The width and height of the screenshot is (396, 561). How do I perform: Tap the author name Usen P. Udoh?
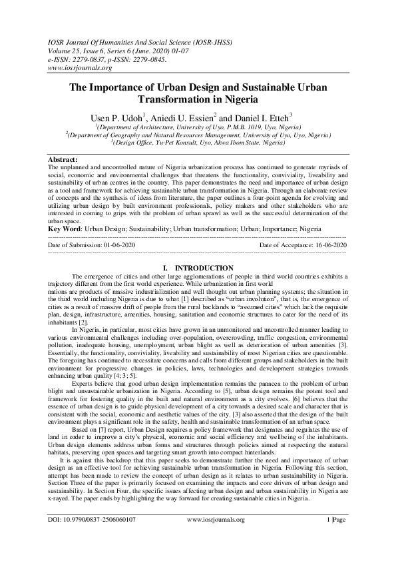(126, 117)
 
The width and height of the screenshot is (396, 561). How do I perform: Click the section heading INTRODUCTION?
(202, 268)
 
